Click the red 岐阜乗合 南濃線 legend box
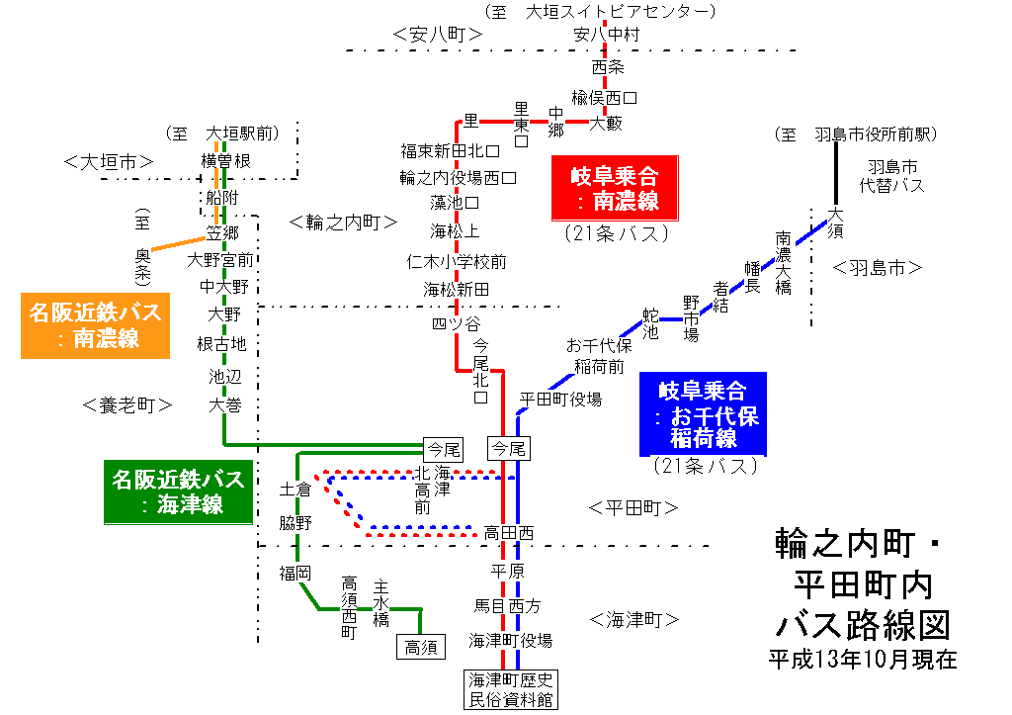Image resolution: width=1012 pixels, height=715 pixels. click(x=615, y=189)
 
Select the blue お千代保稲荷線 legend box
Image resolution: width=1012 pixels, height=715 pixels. click(x=703, y=413)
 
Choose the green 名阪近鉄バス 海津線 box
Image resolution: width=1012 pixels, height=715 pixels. click(x=178, y=492)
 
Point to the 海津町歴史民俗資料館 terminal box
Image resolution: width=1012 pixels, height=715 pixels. click(x=511, y=689)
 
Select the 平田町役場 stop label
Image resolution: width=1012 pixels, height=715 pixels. click(x=560, y=400)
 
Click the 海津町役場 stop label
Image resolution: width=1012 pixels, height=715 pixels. click(x=511, y=640)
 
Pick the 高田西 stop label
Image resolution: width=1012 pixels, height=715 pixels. click(x=509, y=532)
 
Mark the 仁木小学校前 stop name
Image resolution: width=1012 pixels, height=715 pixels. click(x=457, y=262)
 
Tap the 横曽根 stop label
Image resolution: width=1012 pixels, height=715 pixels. click(x=225, y=160)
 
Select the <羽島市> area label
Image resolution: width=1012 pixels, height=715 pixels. click(x=877, y=267)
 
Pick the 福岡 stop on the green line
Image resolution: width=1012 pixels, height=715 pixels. click(x=295, y=573)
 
